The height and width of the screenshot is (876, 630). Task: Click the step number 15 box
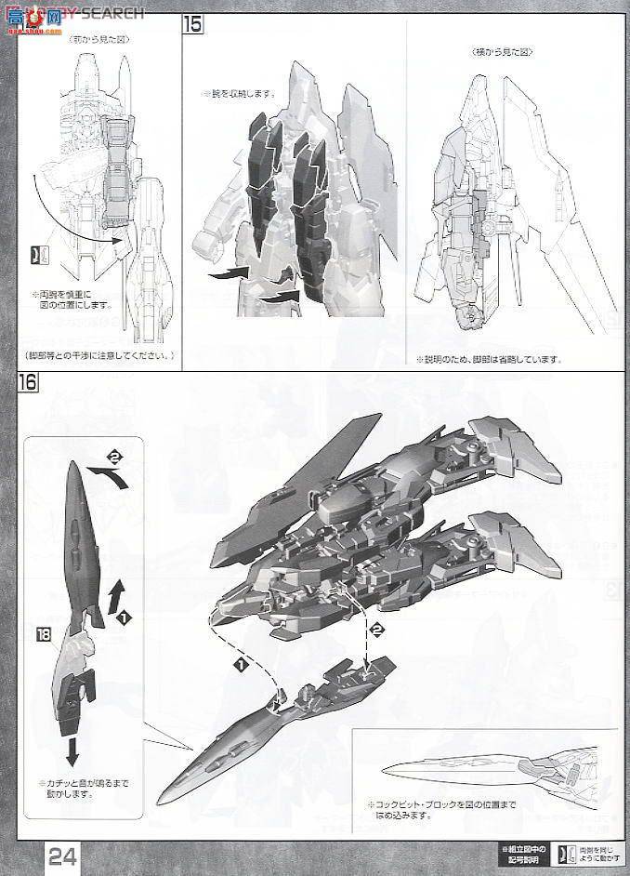tap(192, 24)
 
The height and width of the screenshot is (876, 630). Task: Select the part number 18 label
tap(44, 635)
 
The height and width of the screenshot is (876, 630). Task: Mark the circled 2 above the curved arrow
tap(114, 457)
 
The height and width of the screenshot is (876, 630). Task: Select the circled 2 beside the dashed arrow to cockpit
tap(377, 630)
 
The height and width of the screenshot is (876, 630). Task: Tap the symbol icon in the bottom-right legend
tap(562, 853)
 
